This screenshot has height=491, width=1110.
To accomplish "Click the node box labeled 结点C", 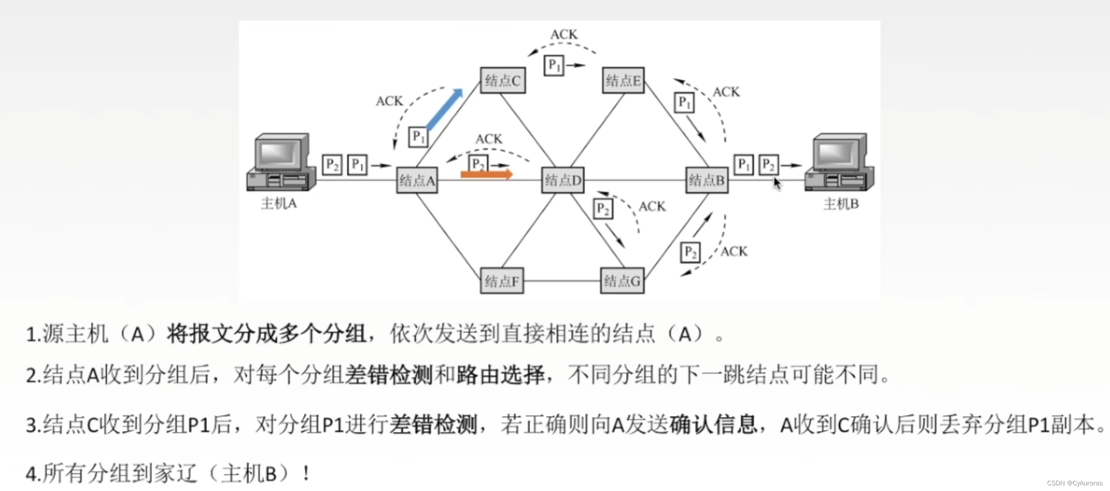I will tap(502, 81).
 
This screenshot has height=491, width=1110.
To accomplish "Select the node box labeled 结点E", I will tap(623, 81).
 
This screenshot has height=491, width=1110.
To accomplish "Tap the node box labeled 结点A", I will tap(417, 180).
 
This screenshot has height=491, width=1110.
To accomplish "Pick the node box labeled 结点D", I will tap(563, 180).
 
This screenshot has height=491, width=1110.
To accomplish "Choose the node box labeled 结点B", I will tap(707, 180).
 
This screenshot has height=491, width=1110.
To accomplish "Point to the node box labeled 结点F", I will tap(502, 281).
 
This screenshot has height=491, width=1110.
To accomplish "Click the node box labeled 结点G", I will tap(622, 281).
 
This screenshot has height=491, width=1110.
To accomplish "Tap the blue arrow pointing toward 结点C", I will tap(445, 109).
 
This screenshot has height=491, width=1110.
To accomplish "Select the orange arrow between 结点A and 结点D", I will tap(486, 175).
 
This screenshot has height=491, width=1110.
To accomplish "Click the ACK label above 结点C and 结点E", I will tap(564, 34).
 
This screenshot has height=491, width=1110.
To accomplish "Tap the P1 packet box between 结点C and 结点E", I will tap(554, 65).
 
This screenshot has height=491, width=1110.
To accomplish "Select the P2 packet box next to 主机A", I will tap(332, 165).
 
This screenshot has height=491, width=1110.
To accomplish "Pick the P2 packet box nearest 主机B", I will tap(769, 165).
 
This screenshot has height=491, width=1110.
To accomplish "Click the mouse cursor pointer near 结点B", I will tap(777, 183).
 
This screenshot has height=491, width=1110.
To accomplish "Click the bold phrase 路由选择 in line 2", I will tap(500, 375).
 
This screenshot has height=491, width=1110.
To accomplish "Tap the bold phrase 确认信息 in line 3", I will tap(713, 424).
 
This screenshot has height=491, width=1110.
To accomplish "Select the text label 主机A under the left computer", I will tap(279, 203).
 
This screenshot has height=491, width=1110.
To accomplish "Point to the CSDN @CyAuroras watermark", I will tap(1075, 483).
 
